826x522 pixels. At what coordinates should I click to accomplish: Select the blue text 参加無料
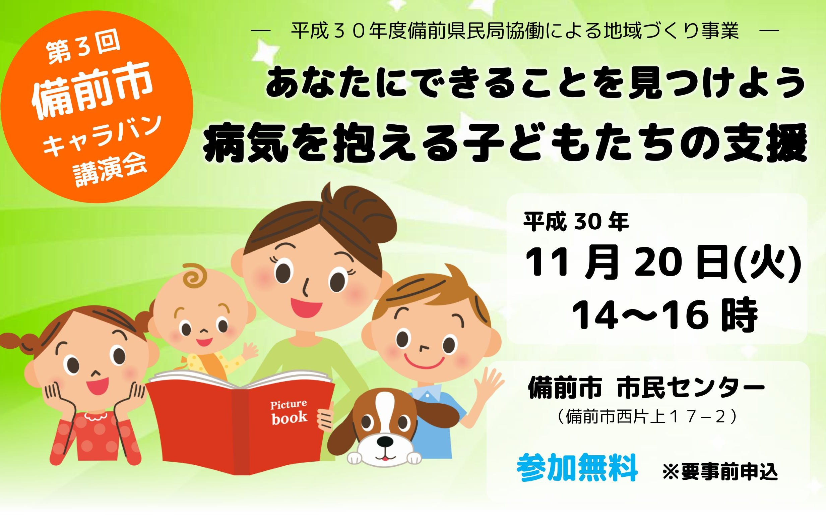coord(577,467)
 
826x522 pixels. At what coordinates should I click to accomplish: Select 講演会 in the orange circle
coord(111,171)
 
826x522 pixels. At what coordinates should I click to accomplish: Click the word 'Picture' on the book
coord(289,405)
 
